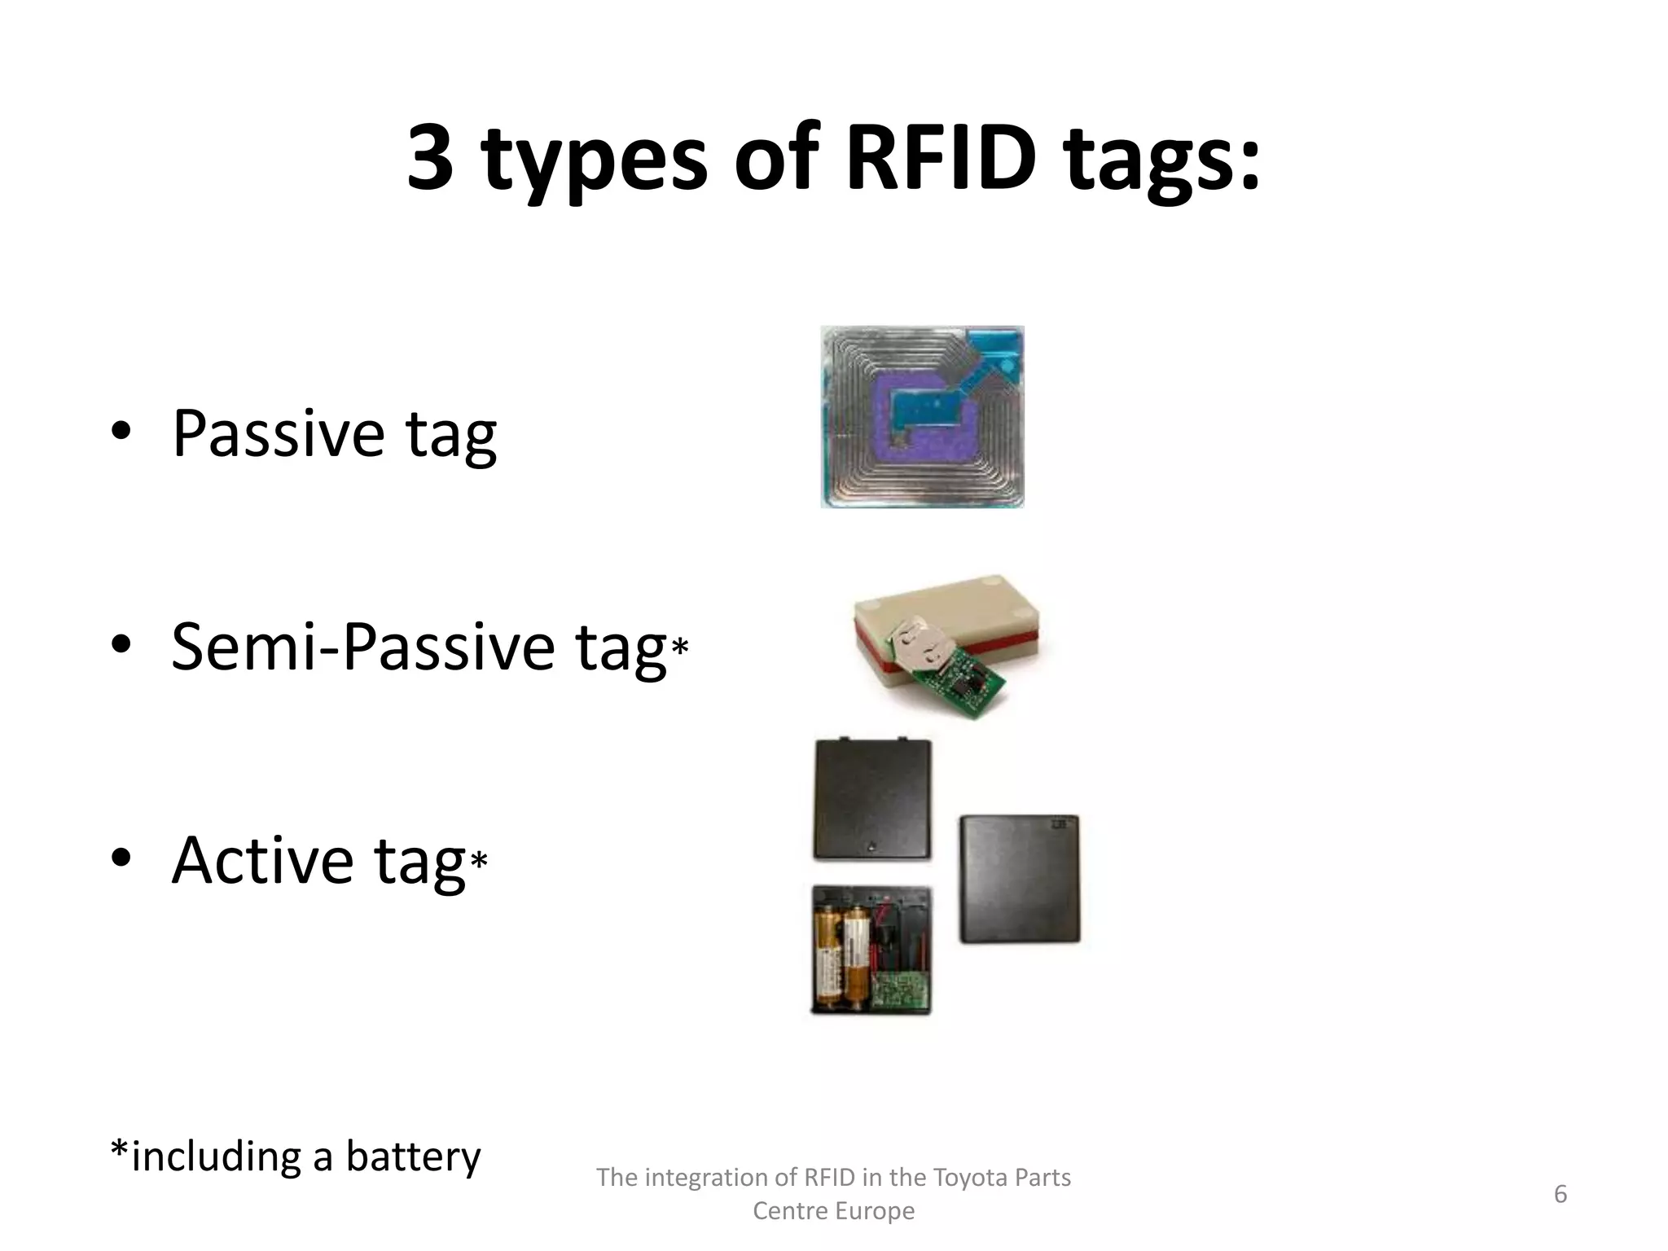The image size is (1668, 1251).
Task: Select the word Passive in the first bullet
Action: click(278, 433)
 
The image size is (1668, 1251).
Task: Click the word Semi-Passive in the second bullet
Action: click(362, 647)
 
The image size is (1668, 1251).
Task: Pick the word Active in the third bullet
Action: click(262, 860)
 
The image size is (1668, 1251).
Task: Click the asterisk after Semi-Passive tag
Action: click(680, 647)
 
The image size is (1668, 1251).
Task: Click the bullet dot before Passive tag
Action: click(121, 433)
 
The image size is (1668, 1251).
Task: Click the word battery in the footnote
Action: click(413, 1156)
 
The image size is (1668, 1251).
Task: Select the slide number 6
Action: click(1560, 1194)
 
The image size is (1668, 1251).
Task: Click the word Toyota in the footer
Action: click(966, 1178)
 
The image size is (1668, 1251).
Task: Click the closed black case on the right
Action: click(1020, 879)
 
